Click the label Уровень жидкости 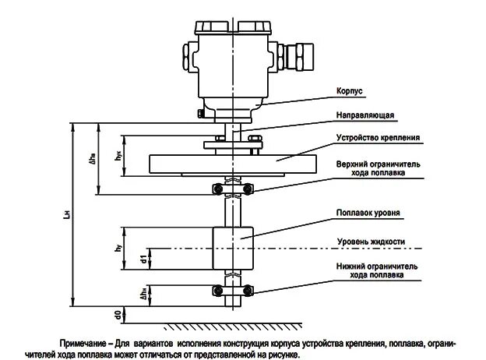[x=370, y=242]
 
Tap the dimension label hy [x=116, y=249]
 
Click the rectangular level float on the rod [x=232, y=248]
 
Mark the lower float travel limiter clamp [x=231, y=291]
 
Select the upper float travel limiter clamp [x=231, y=187]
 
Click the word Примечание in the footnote [x=84, y=344]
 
